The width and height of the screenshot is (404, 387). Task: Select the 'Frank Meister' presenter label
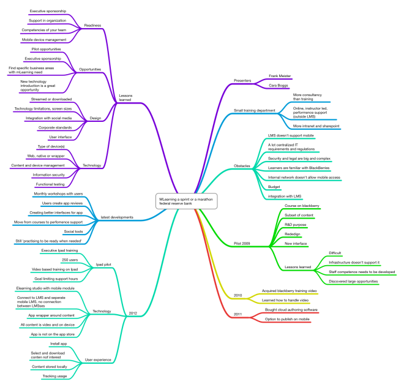pos(280,76)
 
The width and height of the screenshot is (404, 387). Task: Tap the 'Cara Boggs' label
pos(279,86)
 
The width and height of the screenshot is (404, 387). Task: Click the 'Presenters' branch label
pos(244,81)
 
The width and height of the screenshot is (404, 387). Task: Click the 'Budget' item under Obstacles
pos(275,187)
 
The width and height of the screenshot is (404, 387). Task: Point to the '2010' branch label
pos(238,295)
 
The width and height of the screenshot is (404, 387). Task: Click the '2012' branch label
pos(133,314)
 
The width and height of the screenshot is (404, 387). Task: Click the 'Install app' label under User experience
pos(59,344)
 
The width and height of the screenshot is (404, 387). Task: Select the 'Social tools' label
pos(73,231)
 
